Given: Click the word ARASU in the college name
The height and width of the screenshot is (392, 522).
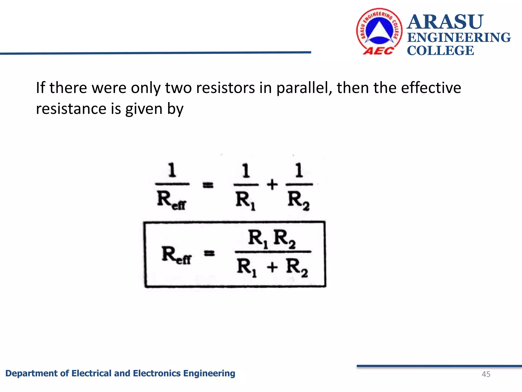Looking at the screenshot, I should click(445, 22).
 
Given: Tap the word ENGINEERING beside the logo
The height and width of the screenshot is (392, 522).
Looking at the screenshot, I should click(459, 38).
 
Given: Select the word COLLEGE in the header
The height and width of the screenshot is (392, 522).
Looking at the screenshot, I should click(440, 51).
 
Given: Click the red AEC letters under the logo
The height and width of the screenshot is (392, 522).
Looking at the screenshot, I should click(378, 51).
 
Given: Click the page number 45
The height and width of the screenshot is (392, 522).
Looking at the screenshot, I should click(486, 374).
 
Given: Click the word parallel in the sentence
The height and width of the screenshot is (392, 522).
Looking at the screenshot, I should click(304, 88).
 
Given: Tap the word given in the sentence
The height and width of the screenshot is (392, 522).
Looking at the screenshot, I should click(143, 109).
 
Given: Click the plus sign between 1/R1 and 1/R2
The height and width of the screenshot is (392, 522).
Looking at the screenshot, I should click(272, 184).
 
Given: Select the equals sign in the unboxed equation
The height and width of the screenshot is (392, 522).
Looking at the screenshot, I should click(208, 185).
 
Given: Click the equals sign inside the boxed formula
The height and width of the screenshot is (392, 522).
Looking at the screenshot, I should click(210, 253).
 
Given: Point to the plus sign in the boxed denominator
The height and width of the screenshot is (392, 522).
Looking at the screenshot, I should click(272, 267).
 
